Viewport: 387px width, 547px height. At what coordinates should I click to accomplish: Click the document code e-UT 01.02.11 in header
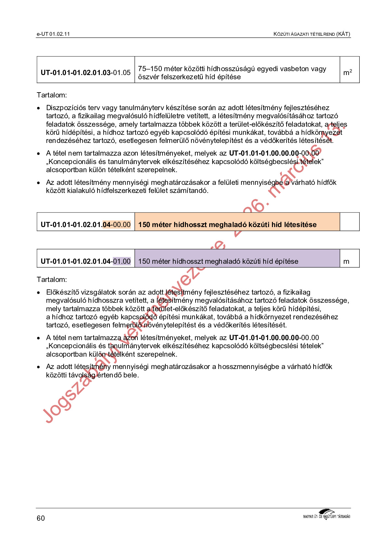coord(53,34)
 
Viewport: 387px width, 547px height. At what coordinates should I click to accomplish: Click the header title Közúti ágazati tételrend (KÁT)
coord(312,34)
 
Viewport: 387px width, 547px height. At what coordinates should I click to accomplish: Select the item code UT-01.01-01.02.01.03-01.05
coord(85,72)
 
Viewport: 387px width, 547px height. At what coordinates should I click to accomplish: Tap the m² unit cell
coord(348,72)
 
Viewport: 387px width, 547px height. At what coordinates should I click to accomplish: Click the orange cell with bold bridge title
coord(237,224)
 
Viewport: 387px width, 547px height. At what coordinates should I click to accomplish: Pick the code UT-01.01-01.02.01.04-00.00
coord(85,224)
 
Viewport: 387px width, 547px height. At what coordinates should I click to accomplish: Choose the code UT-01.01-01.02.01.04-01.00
coord(85,261)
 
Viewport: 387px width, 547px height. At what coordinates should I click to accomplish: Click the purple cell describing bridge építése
coord(237,261)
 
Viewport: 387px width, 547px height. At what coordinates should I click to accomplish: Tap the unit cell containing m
coord(347,261)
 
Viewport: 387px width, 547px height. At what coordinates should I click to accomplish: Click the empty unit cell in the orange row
coord(349,222)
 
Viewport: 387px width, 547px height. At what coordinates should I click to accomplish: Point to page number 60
coord(41,518)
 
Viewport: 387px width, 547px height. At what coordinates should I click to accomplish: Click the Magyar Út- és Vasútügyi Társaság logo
coord(327,514)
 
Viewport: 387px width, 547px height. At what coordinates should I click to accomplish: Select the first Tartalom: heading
coord(52,95)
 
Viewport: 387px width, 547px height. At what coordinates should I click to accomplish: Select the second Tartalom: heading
coord(52,279)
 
